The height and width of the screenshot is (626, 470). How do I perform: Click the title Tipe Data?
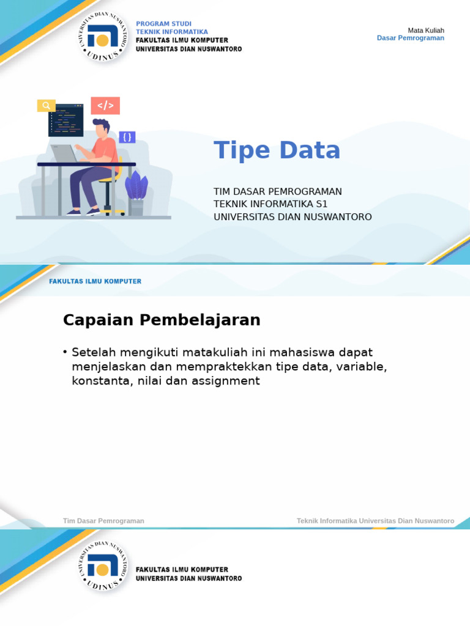pos(277,150)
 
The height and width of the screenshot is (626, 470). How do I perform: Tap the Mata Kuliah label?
pos(426,31)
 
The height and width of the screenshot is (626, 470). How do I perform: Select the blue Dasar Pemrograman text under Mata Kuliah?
pos(410,38)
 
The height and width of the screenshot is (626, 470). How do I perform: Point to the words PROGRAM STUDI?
pos(163,24)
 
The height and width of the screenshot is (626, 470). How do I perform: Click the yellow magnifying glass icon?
pos(46,106)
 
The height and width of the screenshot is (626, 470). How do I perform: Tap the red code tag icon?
pos(105,106)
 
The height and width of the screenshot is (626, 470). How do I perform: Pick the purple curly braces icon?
pos(127,137)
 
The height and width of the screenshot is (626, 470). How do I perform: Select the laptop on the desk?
pos(64,153)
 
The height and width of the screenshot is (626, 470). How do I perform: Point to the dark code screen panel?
pos(65,119)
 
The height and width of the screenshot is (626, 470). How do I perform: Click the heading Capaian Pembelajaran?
pos(162,320)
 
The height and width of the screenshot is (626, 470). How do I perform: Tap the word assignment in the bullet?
pos(226,381)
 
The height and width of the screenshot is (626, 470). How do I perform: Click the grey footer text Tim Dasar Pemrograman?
pos(103,521)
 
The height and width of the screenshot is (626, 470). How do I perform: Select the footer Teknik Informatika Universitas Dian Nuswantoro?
pos(375,521)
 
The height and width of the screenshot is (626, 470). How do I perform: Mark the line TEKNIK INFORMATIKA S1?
pos(271,204)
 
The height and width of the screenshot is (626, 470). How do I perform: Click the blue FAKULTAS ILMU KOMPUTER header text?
pos(95,281)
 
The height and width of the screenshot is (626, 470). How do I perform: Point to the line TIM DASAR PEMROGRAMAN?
pos(277,191)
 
